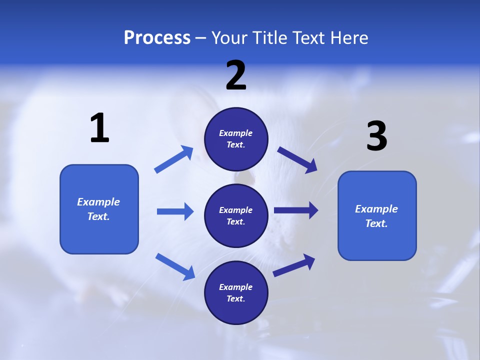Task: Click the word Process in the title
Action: coord(157,38)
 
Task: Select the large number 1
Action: coord(99,128)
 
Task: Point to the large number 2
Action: coord(236,75)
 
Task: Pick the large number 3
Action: coord(376,137)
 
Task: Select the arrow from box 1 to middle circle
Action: coord(175,211)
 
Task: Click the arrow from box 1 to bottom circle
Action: coord(175,266)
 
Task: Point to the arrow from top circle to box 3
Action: coord(297,160)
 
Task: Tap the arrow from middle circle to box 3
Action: coord(296,210)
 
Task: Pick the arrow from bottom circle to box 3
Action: coord(294,265)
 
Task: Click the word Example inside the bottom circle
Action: coord(236,287)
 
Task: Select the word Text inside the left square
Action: coord(98,216)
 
